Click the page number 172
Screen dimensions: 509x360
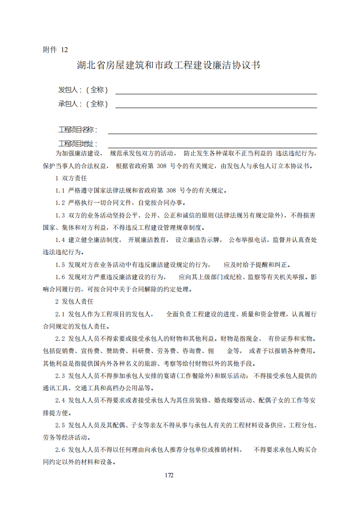(169, 475)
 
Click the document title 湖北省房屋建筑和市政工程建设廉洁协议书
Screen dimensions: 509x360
(168, 65)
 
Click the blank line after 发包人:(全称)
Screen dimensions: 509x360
(216, 92)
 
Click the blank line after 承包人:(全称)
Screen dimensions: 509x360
(216, 107)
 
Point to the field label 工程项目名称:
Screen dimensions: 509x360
(78, 130)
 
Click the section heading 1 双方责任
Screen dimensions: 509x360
(71, 178)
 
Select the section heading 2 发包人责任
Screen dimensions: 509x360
(74, 301)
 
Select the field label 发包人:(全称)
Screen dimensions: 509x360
(83, 90)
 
